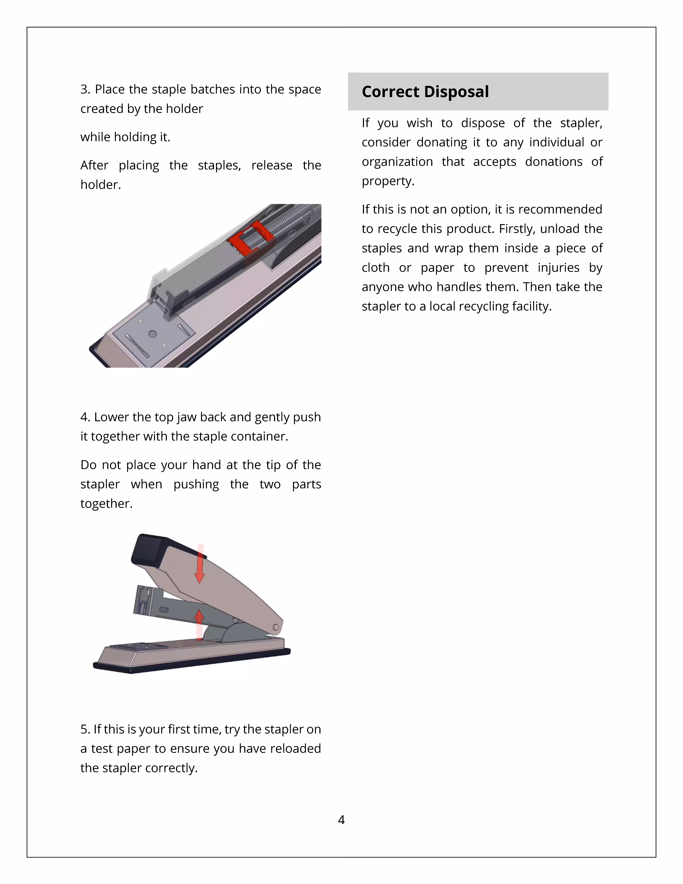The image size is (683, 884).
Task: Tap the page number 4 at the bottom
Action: pos(341,820)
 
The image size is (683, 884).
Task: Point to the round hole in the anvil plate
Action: pos(153,334)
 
